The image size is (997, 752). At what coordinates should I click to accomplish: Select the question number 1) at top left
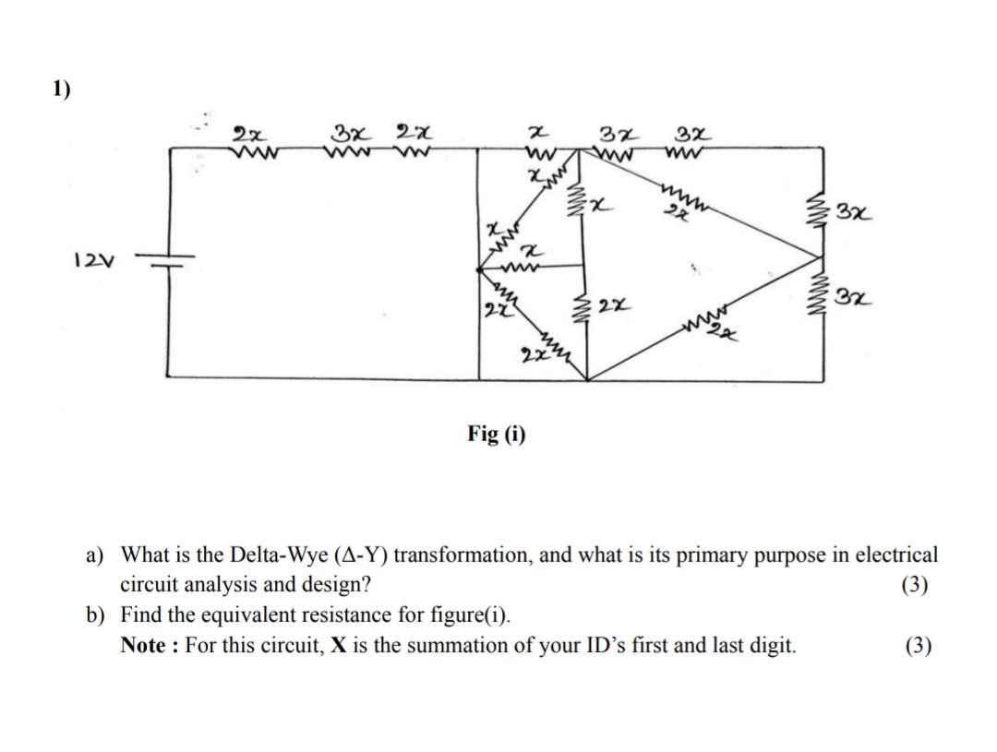[x=61, y=90]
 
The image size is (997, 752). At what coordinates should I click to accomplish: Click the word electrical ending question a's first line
[x=895, y=555]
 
